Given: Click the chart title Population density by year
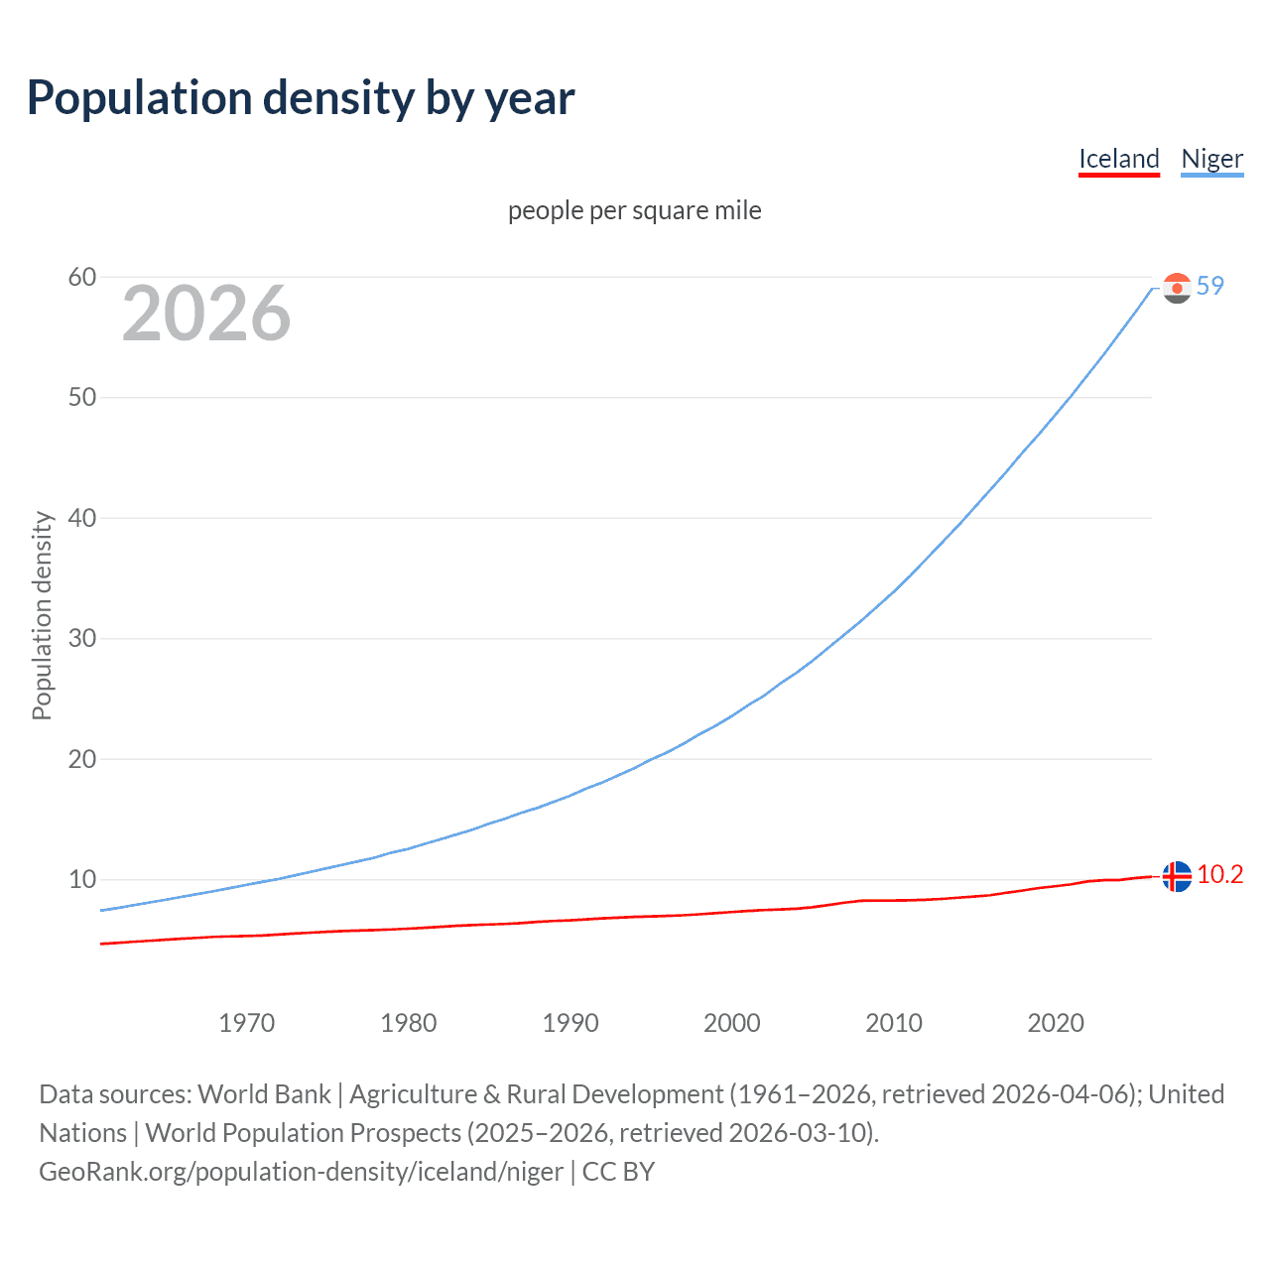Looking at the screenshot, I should point(301,98).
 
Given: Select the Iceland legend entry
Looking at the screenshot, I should point(1118,159).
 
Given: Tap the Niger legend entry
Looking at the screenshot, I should point(1211,159).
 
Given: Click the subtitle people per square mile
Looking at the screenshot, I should point(634,210).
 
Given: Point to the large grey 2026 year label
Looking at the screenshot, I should point(206,314).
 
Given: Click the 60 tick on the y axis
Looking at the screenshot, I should point(82,277).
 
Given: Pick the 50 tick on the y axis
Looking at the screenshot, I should point(82,397).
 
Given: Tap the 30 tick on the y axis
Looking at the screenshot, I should point(82,638).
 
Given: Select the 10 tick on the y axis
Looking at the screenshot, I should point(82,879).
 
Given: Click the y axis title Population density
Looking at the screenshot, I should point(42,615).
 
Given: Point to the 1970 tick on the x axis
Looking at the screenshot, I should point(246,1023).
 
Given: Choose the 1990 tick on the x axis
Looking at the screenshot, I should point(570,1023).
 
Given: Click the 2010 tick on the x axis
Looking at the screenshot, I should point(893,1023).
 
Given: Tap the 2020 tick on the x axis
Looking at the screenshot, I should point(1055,1023).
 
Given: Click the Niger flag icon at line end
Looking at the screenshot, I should point(1177,288).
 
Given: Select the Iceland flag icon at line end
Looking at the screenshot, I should point(1177,876).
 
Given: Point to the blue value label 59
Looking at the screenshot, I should point(1210,286).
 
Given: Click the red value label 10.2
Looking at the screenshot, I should point(1219,874).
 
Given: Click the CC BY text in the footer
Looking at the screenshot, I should point(618,1172).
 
